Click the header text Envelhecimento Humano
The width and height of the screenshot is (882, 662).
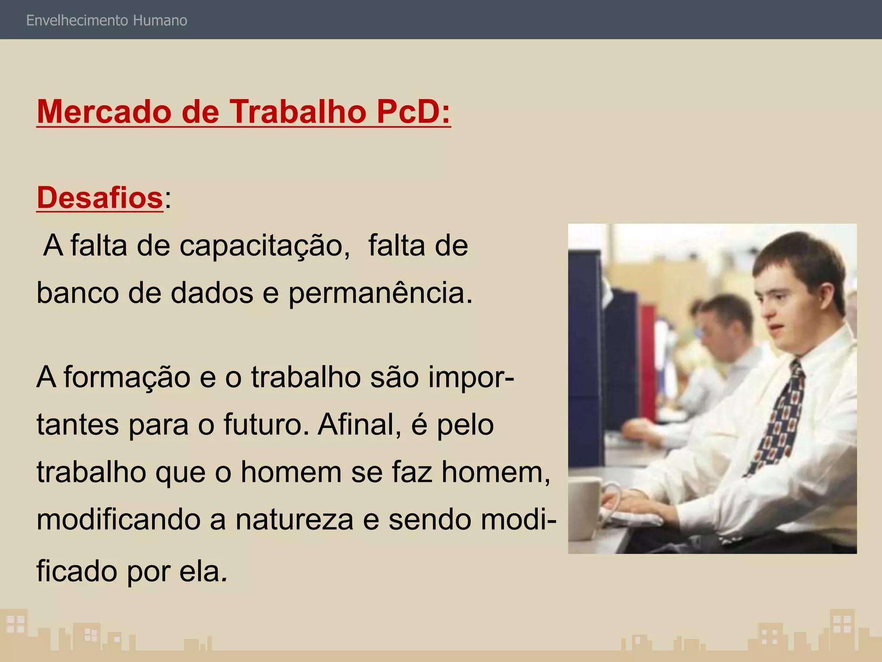[x=106, y=21]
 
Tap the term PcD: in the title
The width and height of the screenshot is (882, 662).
[x=413, y=112]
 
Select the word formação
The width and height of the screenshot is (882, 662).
[x=127, y=377]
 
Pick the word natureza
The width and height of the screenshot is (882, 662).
[x=294, y=519]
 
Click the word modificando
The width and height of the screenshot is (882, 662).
[x=118, y=519]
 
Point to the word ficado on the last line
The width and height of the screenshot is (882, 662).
[x=77, y=571]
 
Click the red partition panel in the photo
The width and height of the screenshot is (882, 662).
[x=648, y=358]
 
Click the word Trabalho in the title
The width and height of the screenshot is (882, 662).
[x=297, y=112]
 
